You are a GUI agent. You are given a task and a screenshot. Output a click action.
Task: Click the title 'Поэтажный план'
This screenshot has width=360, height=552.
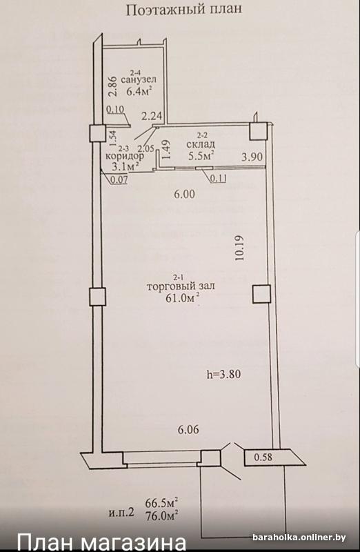(x=184, y=10)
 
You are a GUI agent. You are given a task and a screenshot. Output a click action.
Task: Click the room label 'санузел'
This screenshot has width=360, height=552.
(x=139, y=80)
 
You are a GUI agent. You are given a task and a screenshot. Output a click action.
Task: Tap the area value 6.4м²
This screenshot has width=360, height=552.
(x=139, y=91)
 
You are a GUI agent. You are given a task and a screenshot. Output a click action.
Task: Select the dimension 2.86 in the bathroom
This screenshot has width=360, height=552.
(x=112, y=87)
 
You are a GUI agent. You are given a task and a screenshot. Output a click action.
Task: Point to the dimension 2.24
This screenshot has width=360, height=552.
(x=152, y=116)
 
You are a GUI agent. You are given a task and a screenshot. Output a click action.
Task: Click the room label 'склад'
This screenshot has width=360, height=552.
(x=201, y=144)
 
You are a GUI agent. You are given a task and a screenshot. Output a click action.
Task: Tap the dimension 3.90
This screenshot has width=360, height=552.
(x=252, y=156)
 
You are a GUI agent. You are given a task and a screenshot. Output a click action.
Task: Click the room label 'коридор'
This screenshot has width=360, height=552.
(x=125, y=156)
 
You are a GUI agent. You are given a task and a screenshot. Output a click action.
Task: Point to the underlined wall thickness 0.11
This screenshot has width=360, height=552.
(x=218, y=179)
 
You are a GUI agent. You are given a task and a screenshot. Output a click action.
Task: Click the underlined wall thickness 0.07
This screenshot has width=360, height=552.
(x=119, y=180)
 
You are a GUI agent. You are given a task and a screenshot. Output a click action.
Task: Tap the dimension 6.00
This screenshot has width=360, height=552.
(x=185, y=194)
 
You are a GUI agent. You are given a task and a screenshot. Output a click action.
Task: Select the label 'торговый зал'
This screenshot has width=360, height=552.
(x=181, y=286)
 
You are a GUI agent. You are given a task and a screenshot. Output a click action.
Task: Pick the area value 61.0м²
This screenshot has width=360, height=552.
(x=182, y=299)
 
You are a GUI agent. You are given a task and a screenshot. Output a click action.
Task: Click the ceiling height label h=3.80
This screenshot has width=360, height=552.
(x=223, y=374)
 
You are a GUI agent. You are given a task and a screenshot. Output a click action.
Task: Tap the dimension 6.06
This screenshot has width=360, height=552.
(x=188, y=429)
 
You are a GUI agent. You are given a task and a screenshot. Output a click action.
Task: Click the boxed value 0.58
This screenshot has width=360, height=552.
(x=263, y=457)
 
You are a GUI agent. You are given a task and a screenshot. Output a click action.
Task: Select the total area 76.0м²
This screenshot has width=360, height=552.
(x=161, y=515)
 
